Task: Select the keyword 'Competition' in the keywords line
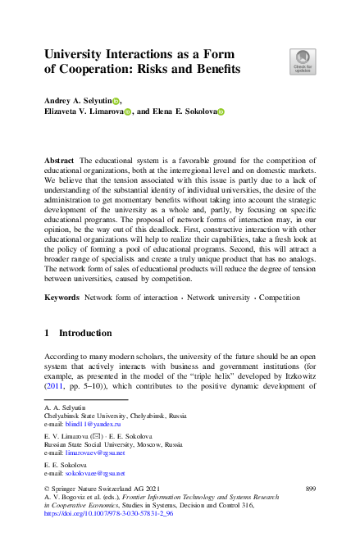click(x=280, y=298)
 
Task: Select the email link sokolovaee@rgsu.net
click(x=95, y=473)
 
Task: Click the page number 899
click(x=310, y=489)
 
